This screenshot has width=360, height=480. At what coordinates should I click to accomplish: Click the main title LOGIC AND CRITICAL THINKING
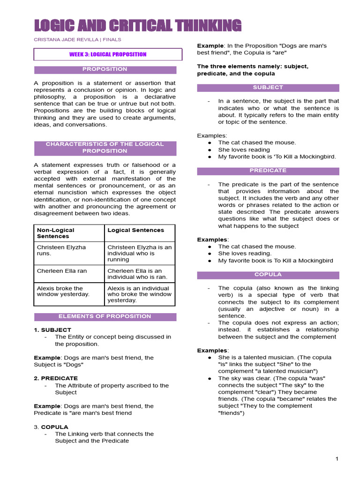[138, 25]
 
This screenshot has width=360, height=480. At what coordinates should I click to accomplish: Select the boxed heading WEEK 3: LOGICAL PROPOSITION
[108, 54]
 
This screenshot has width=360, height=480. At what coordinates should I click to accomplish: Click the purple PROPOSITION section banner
[105, 69]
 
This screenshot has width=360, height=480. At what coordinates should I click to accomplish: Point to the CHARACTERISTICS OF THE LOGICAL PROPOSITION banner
[105, 148]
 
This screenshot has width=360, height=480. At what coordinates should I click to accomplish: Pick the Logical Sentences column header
[136, 230]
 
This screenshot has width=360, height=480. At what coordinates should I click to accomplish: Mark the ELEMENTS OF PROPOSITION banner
[105, 316]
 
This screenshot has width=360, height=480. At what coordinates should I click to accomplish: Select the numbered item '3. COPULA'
[51, 427]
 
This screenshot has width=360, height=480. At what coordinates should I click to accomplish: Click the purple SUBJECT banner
[268, 87]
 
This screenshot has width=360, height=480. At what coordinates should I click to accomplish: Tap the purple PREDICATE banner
[268, 171]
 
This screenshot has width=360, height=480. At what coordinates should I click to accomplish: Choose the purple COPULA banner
[268, 274]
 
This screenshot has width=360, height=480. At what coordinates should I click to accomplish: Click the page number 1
[337, 459]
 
